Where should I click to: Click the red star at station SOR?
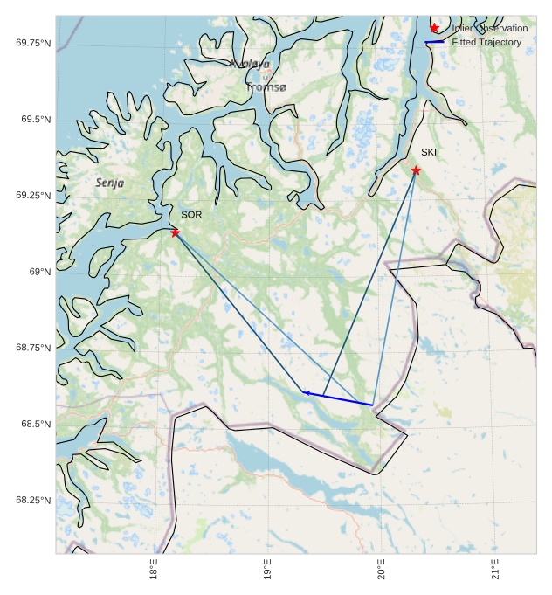(x=176, y=232)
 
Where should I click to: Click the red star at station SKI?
(x=416, y=170)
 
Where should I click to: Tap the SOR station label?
(x=191, y=215)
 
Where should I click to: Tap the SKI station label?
(x=429, y=153)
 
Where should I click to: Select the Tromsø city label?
(x=266, y=87)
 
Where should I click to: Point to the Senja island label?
(x=110, y=183)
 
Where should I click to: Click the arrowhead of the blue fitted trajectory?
(x=306, y=393)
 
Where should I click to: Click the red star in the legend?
(x=434, y=28)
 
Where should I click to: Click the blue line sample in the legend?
(x=434, y=42)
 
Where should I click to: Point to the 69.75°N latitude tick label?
(x=33, y=43)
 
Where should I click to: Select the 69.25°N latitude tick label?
(x=33, y=195)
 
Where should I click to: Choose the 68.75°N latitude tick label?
(x=33, y=348)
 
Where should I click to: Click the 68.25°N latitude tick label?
(x=33, y=500)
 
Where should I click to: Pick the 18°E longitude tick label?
(x=155, y=572)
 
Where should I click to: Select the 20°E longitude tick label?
(x=381, y=572)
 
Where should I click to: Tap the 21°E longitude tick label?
(x=495, y=572)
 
